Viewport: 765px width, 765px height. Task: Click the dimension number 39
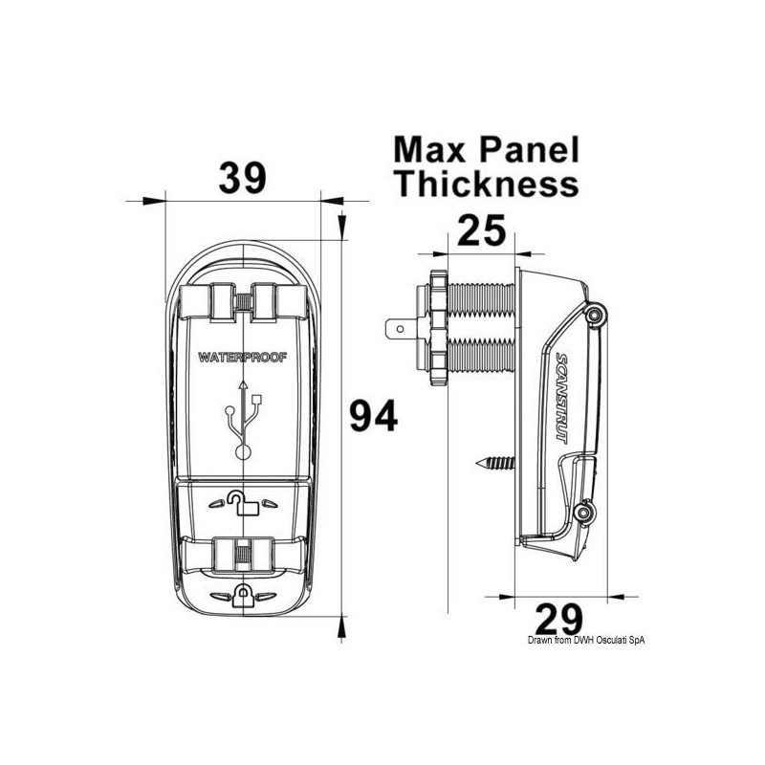tap(243, 178)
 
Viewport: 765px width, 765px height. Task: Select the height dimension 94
tap(371, 416)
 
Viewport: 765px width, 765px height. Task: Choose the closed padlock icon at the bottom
tap(245, 597)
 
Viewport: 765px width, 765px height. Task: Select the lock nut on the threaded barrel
tap(435, 328)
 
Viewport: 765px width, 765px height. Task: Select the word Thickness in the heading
tap(488, 183)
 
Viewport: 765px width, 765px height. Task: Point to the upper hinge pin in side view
tap(595, 315)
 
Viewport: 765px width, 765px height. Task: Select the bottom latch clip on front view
tap(245, 553)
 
